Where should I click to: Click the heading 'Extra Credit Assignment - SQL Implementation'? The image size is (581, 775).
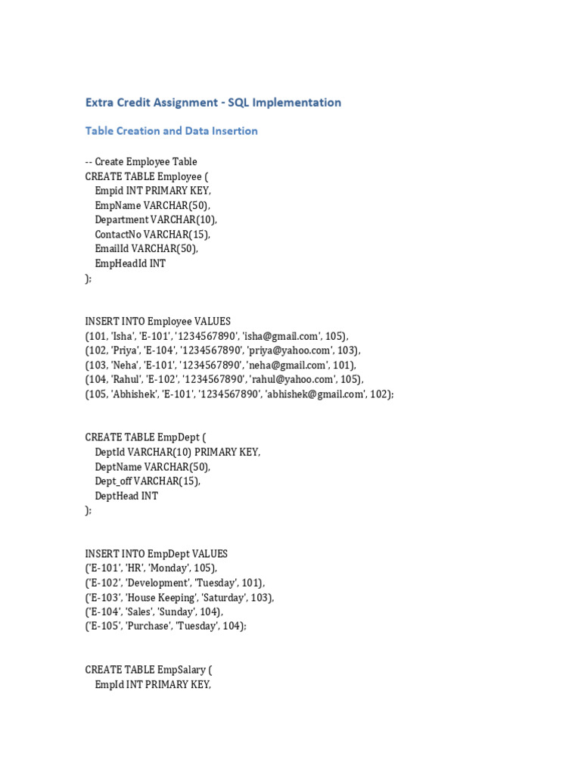[x=213, y=102]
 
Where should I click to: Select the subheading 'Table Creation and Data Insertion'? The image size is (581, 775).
[x=171, y=131]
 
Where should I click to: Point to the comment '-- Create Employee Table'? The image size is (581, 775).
[x=141, y=161]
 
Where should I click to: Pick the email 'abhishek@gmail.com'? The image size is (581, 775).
[x=313, y=394]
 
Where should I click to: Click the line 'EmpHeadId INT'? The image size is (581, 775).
[x=130, y=263]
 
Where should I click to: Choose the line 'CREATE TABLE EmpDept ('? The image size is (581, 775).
[x=145, y=437]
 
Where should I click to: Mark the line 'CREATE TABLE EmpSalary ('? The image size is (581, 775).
[x=149, y=671]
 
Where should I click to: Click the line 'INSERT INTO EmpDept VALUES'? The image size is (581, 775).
[x=156, y=554]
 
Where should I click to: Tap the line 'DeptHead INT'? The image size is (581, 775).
[x=126, y=496]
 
